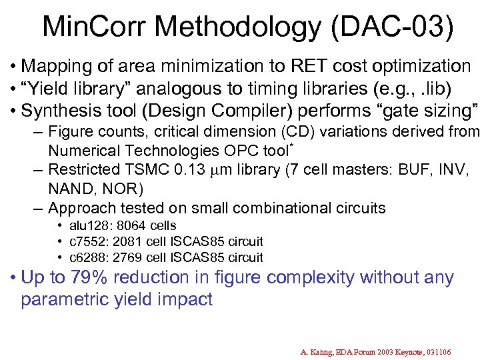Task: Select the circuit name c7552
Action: (x=91, y=241)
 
